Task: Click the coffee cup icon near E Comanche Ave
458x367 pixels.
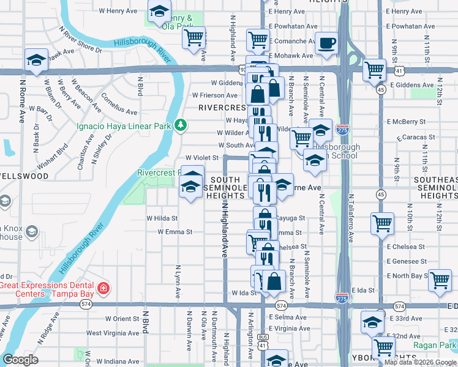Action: pyautogui.click(x=326, y=45)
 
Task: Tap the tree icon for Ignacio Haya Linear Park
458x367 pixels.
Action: pyautogui.click(x=180, y=125)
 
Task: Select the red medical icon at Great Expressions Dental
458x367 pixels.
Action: pyautogui.click(x=103, y=287)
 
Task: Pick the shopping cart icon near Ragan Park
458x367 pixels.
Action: pyautogui.click(x=384, y=347)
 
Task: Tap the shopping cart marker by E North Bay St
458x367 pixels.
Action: pyautogui.click(x=440, y=281)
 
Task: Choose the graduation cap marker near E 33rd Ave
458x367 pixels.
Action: pyautogui.click(x=372, y=322)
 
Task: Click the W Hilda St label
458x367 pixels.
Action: pyautogui.click(x=162, y=218)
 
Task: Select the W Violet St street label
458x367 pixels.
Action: pyautogui.click(x=202, y=157)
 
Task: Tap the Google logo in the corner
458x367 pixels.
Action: pyautogui.click(x=21, y=360)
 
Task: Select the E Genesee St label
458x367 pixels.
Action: pyautogui.click(x=407, y=261)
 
